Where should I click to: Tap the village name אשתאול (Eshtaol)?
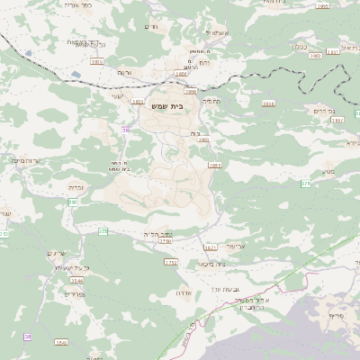(219, 32)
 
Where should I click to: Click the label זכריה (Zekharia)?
(76, 187)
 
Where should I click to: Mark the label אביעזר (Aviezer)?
(235, 245)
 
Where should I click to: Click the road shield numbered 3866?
(268, 103)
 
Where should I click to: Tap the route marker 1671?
(211, 247)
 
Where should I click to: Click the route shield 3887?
(337, 119)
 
